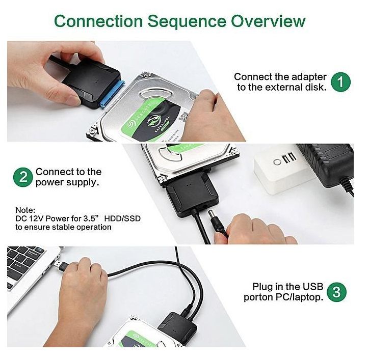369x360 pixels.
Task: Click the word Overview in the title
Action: tap(268, 21)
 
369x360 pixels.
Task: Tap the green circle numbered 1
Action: tap(340, 82)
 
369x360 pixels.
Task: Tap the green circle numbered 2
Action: tap(23, 177)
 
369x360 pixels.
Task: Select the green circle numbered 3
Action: tap(336, 292)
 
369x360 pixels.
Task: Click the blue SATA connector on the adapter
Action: tap(113, 94)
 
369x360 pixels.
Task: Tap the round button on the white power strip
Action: tap(277, 162)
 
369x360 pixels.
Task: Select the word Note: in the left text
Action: tap(25, 210)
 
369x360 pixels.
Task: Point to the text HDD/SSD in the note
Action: tap(122, 218)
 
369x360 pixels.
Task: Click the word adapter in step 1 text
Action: tap(309, 77)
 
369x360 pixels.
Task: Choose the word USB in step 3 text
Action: tap(313, 287)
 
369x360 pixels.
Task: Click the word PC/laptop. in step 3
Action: tap(299, 297)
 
